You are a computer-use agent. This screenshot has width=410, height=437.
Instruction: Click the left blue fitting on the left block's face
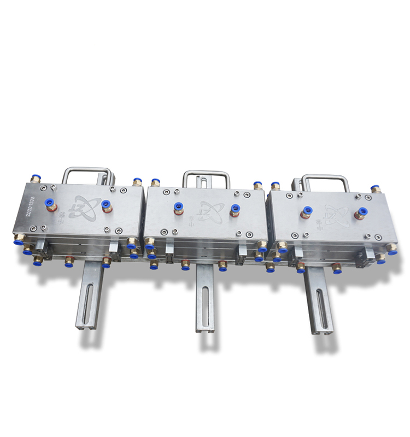click(x=51, y=203)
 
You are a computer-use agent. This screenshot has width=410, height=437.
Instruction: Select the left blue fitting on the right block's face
click(x=307, y=211)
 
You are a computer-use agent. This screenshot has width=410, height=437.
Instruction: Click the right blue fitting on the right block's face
click(x=362, y=211)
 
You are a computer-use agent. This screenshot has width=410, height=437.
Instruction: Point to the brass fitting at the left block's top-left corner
click(x=34, y=179)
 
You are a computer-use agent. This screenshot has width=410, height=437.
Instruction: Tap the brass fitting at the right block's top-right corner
click(x=376, y=190)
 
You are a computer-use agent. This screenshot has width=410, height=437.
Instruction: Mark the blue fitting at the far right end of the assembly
click(x=392, y=251)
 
